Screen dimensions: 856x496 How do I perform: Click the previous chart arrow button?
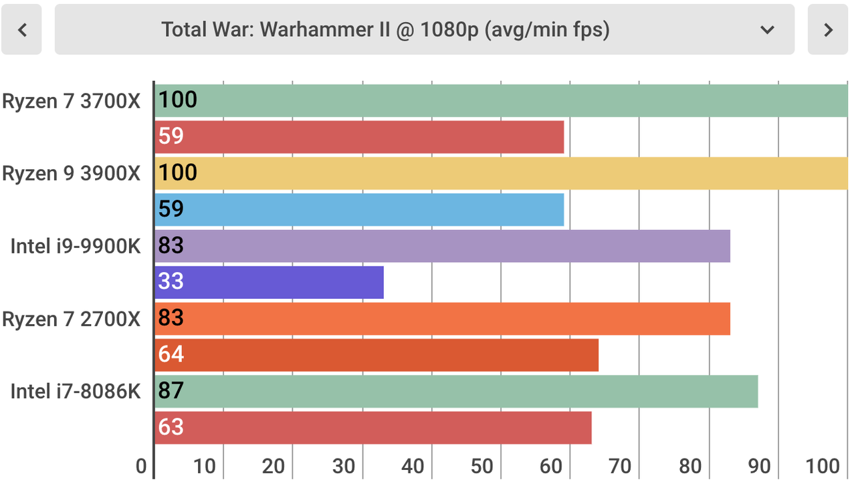(x=21, y=29)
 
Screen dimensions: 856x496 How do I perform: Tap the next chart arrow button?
(x=828, y=29)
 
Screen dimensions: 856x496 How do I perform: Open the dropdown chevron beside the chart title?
(x=767, y=29)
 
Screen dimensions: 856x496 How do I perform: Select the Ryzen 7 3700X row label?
(x=72, y=101)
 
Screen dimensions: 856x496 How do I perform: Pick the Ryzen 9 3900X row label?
(x=72, y=173)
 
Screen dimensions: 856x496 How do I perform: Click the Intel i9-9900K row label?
(x=76, y=246)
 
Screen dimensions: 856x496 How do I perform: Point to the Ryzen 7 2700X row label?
(x=72, y=319)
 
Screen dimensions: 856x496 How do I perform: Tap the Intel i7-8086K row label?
(x=76, y=391)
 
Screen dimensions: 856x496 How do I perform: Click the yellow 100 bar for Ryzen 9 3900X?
(x=502, y=174)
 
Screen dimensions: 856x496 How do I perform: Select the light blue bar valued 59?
(x=359, y=210)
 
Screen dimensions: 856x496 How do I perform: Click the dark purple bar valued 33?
(x=269, y=282)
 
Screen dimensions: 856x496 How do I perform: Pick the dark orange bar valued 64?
(x=377, y=355)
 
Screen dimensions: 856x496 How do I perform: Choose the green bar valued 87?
(x=456, y=391)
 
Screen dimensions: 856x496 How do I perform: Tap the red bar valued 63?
(x=373, y=428)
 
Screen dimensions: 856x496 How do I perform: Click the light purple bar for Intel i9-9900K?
(x=443, y=246)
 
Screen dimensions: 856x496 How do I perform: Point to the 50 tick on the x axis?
(x=482, y=467)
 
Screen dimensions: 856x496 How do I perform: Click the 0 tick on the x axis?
(x=141, y=467)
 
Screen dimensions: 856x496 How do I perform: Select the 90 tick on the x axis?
(x=759, y=467)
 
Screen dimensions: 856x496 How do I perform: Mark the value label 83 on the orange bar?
(x=171, y=318)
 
